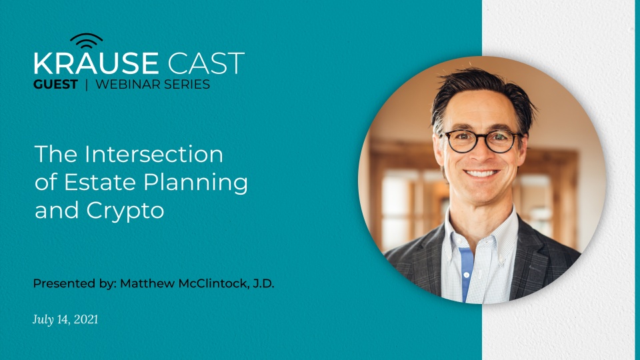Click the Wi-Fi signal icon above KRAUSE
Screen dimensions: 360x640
86,41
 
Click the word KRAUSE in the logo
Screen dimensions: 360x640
96,64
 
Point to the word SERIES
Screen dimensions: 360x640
186,85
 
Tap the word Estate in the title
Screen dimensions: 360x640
83,183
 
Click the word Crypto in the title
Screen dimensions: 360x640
126,211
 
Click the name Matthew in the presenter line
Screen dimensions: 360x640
145,283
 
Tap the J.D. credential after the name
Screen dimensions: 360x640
261,283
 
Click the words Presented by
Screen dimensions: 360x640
73,283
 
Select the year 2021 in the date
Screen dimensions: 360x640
85,320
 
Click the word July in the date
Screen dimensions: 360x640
43,320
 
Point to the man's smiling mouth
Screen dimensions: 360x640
482,175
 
